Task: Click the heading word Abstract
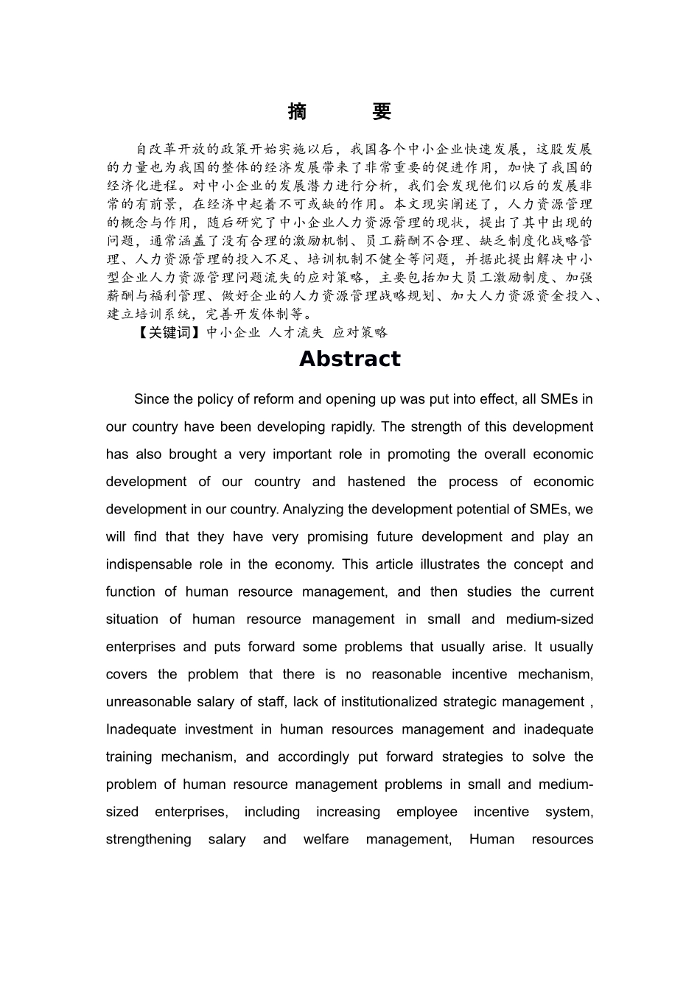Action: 349,359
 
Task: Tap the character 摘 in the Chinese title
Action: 297,112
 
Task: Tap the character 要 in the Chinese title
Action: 381,112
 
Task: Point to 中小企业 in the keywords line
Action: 233,332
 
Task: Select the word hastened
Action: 376,482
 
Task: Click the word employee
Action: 427,812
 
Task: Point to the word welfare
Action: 326,839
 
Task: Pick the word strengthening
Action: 148,839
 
